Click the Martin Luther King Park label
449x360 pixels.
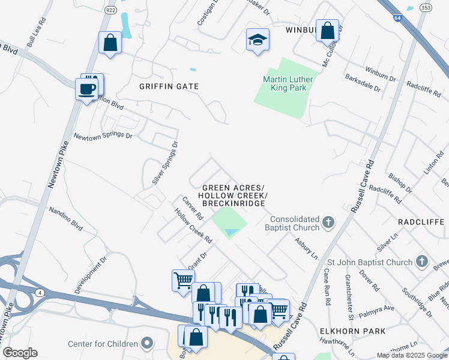(x=285, y=83)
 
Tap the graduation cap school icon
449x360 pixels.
(x=258, y=40)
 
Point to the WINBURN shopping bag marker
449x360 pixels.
(x=328, y=31)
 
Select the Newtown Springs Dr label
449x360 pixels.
(x=102, y=136)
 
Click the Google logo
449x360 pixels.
(x=20, y=353)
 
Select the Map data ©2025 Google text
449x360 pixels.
(x=411, y=355)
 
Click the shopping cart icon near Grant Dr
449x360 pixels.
(x=183, y=280)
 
